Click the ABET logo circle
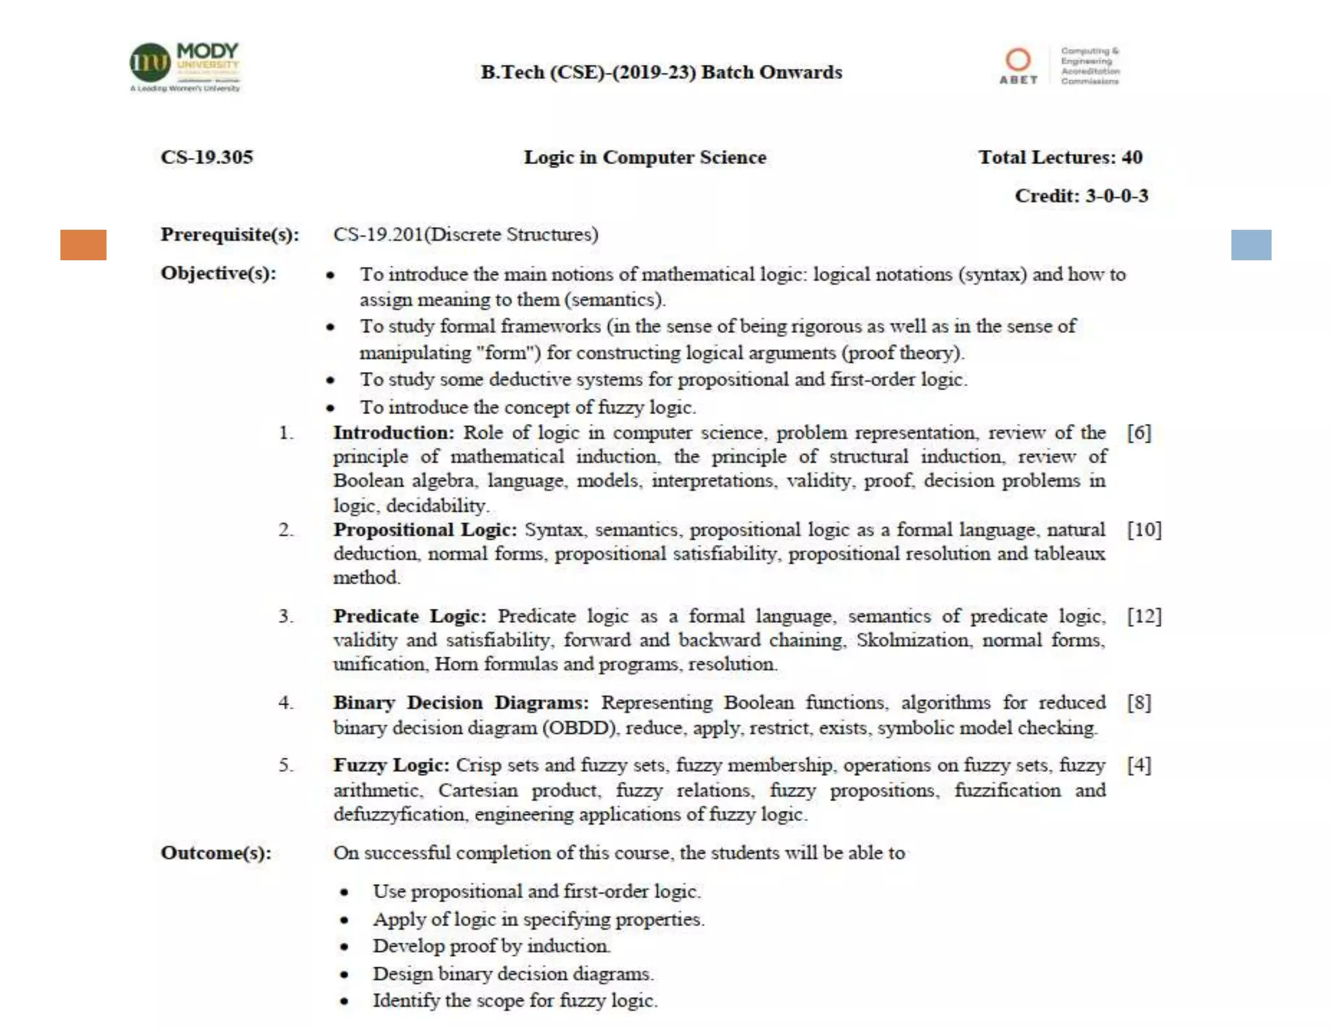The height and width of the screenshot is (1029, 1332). pos(1018,60)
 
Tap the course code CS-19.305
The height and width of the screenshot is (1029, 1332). pos(207,157)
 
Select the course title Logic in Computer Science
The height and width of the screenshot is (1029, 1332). pos(645,157)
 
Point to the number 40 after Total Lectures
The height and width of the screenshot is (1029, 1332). pos(1132,157)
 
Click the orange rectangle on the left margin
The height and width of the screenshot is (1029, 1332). pos(83,245)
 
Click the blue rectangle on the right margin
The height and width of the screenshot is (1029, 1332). pos(1251,245)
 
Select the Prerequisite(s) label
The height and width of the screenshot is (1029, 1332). pos(230,234)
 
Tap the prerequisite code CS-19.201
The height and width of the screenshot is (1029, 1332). pos(378,234)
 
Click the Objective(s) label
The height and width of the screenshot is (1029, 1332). pos(218,273)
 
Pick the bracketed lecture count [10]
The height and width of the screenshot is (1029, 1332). pos(1144,529)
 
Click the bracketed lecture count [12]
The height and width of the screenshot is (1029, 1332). pos(1144,616)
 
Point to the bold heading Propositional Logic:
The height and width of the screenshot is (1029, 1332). pos(425,529)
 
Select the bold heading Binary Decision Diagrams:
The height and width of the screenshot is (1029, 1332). pos(460,702)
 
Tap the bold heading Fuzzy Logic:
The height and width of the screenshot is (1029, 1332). pos(391,765)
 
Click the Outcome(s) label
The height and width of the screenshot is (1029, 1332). pos(216,853)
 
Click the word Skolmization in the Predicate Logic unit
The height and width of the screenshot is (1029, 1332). pos(912,640)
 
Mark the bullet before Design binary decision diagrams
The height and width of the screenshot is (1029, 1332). pos(344,974)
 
